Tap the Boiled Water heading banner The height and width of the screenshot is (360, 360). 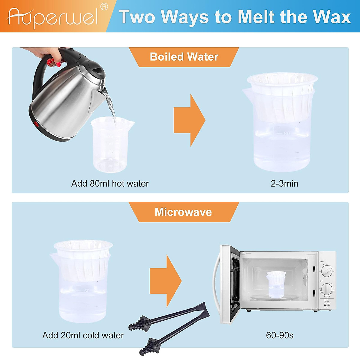pos(184,57)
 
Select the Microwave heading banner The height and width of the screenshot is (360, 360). pos(183,212)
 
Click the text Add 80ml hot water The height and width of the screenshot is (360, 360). pos(110,184)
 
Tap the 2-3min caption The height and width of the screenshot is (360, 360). pos(284,184)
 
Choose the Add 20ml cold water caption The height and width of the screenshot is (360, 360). pos(83,335)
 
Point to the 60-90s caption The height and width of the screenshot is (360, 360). pos(280,335)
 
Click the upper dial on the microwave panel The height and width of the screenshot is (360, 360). pos(327,271)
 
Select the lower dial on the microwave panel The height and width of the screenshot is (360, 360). pos(327,290)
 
